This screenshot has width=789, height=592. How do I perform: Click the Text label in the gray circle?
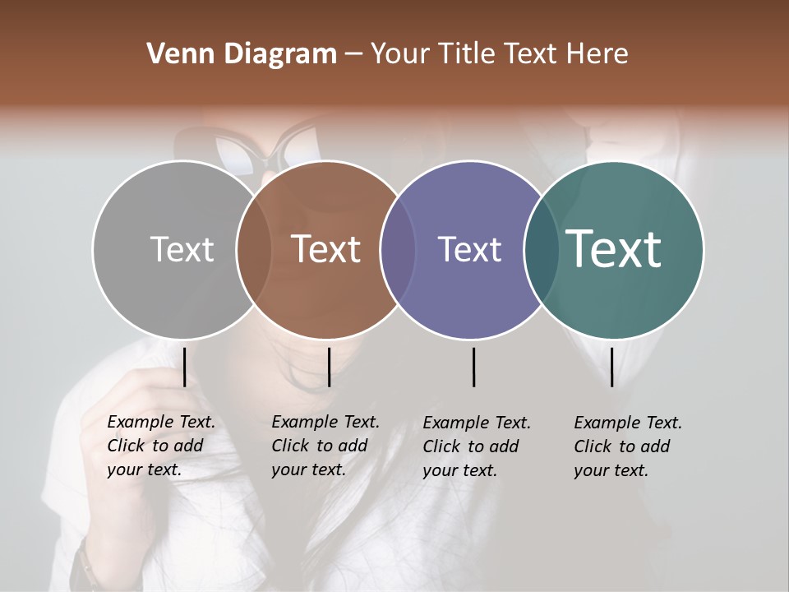182,249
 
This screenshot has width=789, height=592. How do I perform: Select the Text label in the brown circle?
326,249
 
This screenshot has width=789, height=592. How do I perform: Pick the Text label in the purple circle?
469,249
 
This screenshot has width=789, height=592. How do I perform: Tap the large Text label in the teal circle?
614,249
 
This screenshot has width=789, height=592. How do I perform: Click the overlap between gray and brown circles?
254,250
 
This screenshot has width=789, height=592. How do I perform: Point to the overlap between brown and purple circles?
398,250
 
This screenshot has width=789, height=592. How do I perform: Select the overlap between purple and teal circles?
541,250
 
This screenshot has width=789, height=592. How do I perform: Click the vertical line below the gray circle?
184,367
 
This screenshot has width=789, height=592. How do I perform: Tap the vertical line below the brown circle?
329,367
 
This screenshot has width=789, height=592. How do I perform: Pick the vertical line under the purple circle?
473,367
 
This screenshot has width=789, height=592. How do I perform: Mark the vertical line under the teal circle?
611,367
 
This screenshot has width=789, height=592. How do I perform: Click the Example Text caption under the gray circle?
161,446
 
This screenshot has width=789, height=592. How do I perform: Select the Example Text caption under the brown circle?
325,446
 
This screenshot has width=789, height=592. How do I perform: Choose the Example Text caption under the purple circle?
477,446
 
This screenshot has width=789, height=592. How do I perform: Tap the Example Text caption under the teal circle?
628,446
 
